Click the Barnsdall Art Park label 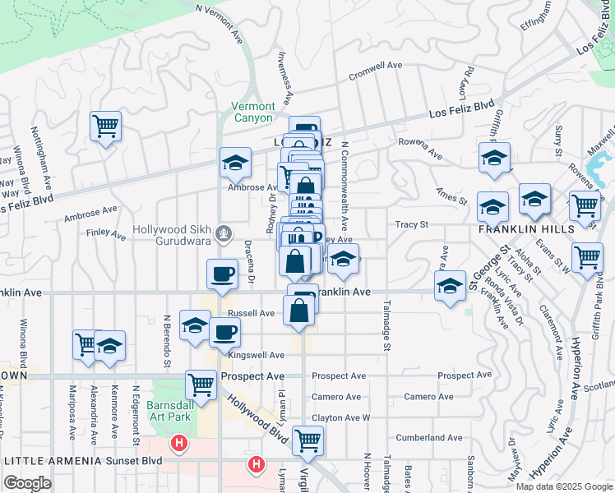[x=169, y=412]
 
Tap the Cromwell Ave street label [x=375, y=66]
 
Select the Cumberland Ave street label [x=429, y=438]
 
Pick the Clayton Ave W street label [x=341, y=417]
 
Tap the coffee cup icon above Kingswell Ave [x=224, y=332]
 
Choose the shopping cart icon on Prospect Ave [x=201, y=383]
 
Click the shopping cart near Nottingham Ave [x=105, y=126]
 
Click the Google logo [x=27, y=483]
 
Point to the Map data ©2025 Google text [x=564, y=486]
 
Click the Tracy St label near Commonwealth [x=412, y=224]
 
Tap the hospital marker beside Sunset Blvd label [x=178, y=445]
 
